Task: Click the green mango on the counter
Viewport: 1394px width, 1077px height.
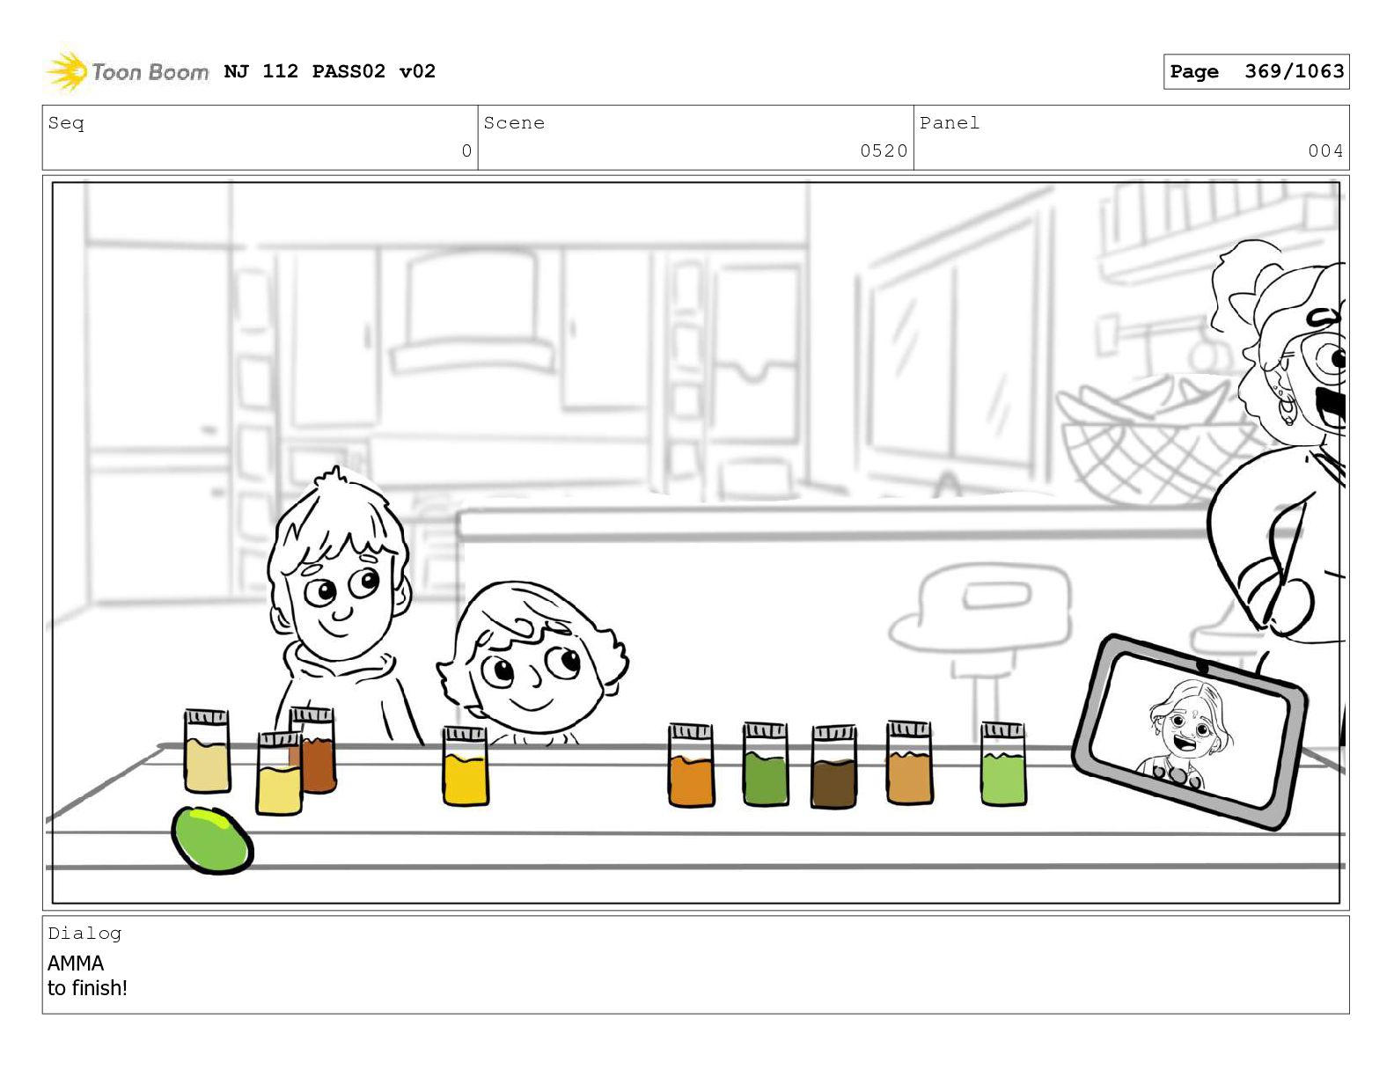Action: pos(212,839)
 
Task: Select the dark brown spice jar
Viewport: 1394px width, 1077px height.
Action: pos(833,766)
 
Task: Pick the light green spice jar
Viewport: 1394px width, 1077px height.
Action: pos(1003,764)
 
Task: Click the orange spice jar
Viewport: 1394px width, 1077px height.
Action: pos(691,765)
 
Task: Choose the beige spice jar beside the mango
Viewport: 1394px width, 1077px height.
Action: pos(207,751)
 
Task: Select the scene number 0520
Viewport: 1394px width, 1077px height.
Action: pos(884,150)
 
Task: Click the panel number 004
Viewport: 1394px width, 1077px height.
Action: pos(1325,150)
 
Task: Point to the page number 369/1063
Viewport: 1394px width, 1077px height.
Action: pos(1294,70)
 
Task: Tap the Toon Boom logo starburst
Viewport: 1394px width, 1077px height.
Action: pos(67,70)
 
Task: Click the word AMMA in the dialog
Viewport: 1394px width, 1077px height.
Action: pos(76,963)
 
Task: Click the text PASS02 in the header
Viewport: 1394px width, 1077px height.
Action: pos(348,70)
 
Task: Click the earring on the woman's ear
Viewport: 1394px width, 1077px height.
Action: pos(1287,408)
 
